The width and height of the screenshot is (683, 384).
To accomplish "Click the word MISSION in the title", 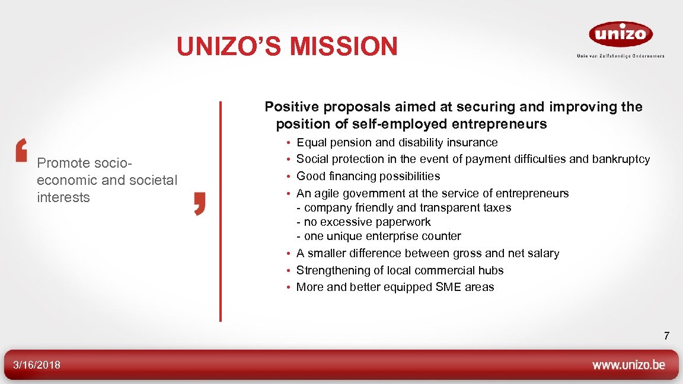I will (346, 47).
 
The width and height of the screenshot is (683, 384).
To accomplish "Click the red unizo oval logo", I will (620, 34).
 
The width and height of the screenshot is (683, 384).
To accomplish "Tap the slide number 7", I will (666, 337).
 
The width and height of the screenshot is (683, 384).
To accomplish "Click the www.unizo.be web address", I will (628, 365).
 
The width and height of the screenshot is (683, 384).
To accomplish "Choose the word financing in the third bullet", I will (348, 176).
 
